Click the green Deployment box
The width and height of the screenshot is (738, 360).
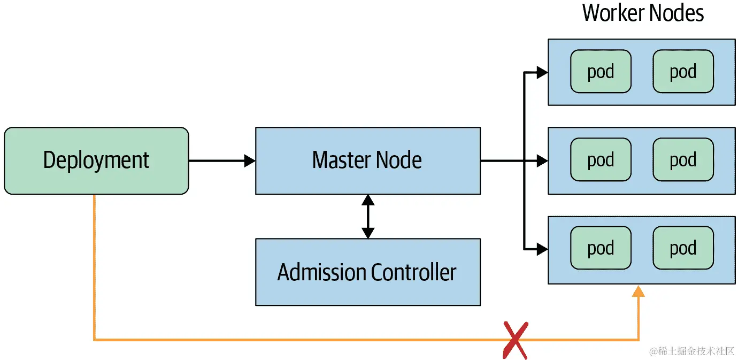pyautogui.click(x=96, y=160)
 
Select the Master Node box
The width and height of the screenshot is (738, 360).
pyautogui.click(x=367, y=160)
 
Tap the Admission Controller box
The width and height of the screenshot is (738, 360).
pyautogui.click(x=367, y=272)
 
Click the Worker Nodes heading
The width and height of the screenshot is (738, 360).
pyautogui.click(x=643, y=13)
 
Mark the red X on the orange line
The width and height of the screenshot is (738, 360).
pyautogui.click(x=515, y=340)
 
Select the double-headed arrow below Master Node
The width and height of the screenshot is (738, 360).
pyautogui.click(x=367, y=216)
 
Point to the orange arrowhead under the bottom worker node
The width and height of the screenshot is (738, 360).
pyautogui.click(x=638, y=292)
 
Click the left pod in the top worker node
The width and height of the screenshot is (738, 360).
pyautogui.click(x=601, y=72)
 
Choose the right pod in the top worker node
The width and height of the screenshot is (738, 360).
pyautogui.click(x=683, y=72)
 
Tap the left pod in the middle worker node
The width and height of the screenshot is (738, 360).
pyautogui.click(x=601, y=160)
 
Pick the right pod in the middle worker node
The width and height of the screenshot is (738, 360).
pyautogui.click(x=683, y=160)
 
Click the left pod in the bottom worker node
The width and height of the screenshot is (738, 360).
pyautogui.click(x=601, y=248)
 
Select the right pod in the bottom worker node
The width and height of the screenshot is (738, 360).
pyautogui.click(x=683, y=248)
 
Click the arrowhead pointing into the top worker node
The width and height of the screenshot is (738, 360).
pyautogui.click(x=542, y=72)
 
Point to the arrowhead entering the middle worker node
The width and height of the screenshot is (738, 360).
pyautogui.click(x=542, y=160)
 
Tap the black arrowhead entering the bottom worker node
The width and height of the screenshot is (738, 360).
pyautogui.click(x=542, y=249)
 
